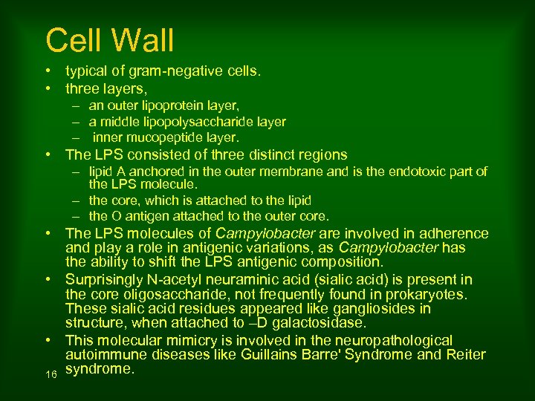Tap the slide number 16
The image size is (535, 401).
pyautogui.click(x=51, y=375)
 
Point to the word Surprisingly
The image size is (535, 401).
pyautogui.click(x=108, y=280)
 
